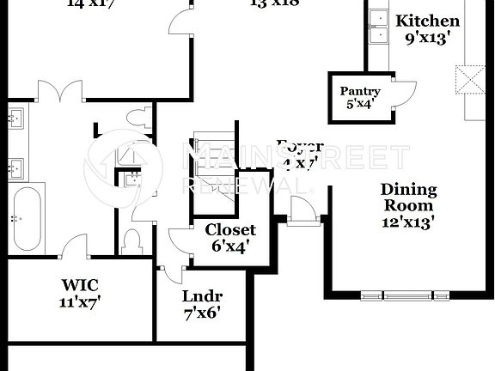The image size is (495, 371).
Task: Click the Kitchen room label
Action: tap(427, 21)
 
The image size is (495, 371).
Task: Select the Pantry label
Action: tap(359, 91)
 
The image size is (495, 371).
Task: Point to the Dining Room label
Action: tap(409, 198)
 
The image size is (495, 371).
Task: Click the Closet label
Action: tap(230, 230)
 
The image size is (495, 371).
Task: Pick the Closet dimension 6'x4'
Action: tap(230, 247)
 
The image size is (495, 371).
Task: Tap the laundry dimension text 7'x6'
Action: tap(202, 313)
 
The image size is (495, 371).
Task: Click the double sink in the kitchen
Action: tap(377, 26)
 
